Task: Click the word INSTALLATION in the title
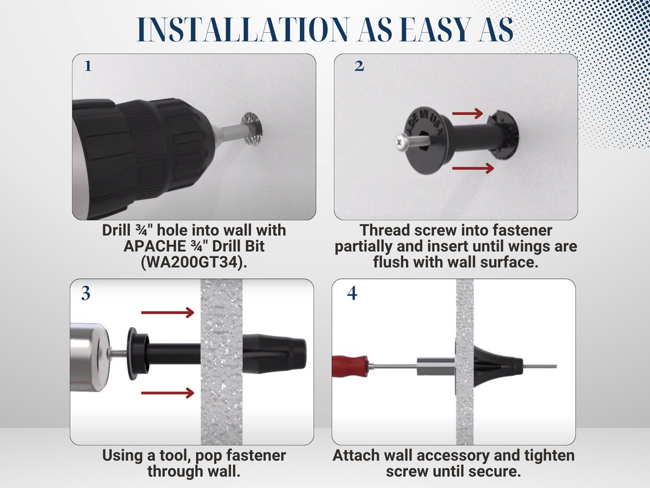(x=243, y=30)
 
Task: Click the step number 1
(x=88, y=66)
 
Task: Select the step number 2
(x=359, y=66)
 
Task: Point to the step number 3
(x=85, y=294)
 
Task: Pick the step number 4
(x=352, y=294)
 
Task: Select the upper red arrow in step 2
(x=468, y=113)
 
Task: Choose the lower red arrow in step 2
(x=473, y=168)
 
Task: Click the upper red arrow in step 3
(x=167, y=312)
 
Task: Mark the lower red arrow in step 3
(x=167, y=393)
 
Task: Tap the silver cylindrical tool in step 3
(x=89, y=357)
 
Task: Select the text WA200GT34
(x=194, y=262)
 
